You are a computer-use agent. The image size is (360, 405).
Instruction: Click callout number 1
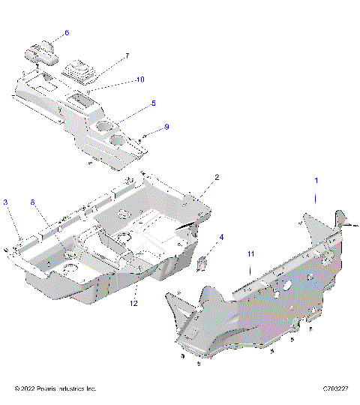316,181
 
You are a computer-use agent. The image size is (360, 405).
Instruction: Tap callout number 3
5,202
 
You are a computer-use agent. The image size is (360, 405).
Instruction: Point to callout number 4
221,238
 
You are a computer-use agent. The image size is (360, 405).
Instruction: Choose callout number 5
153,103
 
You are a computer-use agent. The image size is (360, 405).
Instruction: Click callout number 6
66,33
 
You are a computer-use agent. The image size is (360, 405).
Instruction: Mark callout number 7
127,56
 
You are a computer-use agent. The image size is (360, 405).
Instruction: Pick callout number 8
32,202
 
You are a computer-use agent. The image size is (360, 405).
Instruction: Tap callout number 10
139,79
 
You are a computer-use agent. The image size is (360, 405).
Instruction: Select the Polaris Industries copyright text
55,388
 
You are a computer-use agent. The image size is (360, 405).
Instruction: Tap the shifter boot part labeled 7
79,70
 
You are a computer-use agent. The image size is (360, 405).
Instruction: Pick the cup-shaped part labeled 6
42,55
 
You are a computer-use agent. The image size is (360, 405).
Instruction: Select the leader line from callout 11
250,274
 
